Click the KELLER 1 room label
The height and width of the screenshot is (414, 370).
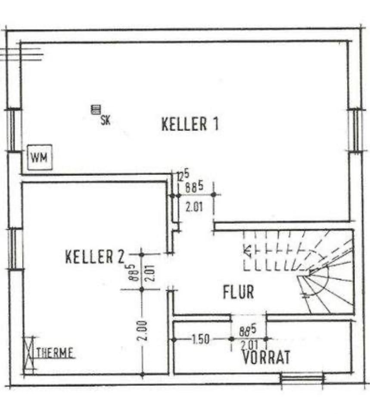click(x=190, y=124)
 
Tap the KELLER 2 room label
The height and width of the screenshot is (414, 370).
click(x=94, y=257)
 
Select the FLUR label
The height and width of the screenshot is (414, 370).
click(x=238, y=292)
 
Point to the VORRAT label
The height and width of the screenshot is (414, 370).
click(x=266, y=357)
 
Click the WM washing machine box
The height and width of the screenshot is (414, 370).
click(x=39, y=157)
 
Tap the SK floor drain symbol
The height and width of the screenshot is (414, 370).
click(x=96, y=110)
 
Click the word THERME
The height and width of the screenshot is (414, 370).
click(x=55, y=353)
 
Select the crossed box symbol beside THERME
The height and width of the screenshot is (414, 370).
click(x=29, y=354)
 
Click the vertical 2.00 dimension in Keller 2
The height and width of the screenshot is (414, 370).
click(x=144, y=331)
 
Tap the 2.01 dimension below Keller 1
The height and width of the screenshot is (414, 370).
click(x=194, y=207)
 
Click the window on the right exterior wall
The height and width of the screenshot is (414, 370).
click(x=356, y=130)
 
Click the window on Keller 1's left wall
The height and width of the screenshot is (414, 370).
click(x=15, y=130)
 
